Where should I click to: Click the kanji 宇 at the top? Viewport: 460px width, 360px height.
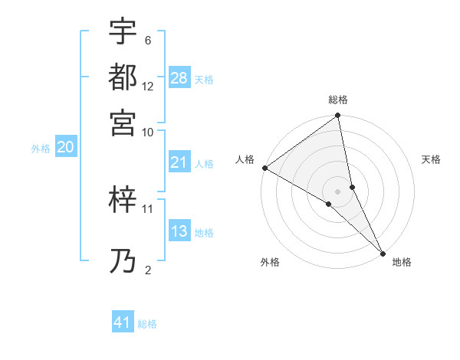coord(123,31)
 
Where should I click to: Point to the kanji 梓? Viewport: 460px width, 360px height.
coord(123,201)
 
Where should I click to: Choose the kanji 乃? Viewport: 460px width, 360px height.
coord(123,261)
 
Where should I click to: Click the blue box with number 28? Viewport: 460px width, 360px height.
coord(179,78)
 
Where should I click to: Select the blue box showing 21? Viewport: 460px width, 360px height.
coord(179,162)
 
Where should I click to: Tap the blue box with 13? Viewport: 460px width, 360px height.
coord(179,231)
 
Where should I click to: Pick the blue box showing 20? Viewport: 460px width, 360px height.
coord(65,148)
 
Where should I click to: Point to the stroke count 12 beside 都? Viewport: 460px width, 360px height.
coord(148,86)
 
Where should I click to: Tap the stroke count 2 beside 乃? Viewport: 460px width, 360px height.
coord(148,269)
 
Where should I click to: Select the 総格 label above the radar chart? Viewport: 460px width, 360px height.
coord(338,100)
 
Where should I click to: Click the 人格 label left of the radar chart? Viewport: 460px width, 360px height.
coord(245,159)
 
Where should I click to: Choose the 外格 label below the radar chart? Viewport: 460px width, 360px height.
coord(270,263)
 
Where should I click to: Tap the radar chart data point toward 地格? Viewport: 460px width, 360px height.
coord(383,252)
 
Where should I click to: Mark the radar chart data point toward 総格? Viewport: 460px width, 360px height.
coord(338,116)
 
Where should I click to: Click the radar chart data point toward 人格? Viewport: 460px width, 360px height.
coord(264,168)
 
